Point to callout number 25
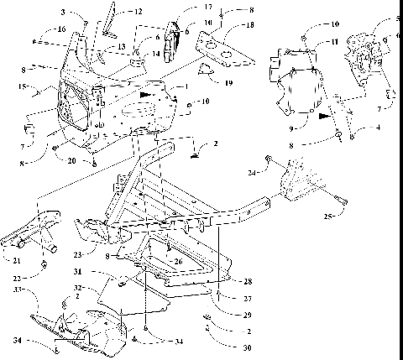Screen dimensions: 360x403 (x=328, y=216)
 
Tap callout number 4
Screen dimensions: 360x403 (x=365, y=128)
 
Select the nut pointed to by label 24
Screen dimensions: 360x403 (x=267, y=159)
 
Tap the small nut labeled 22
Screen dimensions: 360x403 (x=42, y=265)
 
